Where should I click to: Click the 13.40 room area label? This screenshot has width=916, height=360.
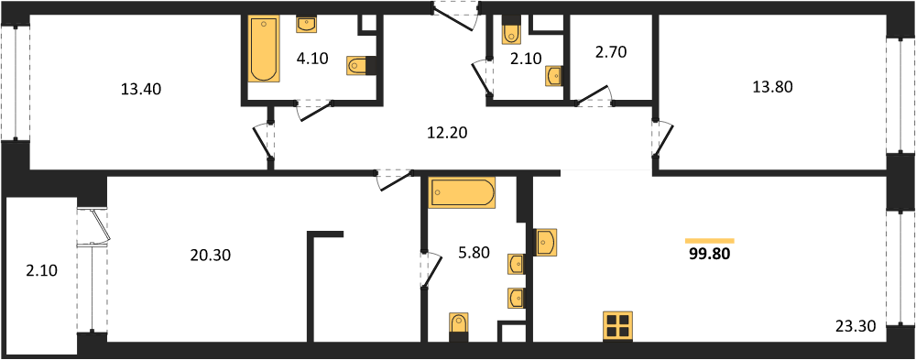[x=141, y=90]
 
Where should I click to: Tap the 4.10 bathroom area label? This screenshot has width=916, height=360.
[x=312, y=58]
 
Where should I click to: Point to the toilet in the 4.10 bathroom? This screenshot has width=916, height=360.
[x=359, y=64]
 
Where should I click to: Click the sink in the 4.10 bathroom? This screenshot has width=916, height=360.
[x=306, y=24]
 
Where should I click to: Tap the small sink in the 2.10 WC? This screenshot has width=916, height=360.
[x=554, y=76]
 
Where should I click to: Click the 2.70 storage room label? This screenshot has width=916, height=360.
[x=610, y=52]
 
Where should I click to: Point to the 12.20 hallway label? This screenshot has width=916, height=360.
[x=448, y=133]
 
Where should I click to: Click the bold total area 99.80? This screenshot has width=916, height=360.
[x=710, y=254]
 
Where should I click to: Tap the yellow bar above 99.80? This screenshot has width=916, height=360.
[x=710, y=240]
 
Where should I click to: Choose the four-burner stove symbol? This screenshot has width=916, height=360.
[x=618, y=325]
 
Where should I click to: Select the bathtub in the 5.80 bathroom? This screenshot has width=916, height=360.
[x=462, y=193]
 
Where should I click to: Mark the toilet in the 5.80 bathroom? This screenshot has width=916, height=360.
[x=459, y=327]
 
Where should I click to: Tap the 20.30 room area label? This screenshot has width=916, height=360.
[x=211, y=255]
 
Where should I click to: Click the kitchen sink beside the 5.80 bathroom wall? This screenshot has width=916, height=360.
[x=546, y=241]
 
